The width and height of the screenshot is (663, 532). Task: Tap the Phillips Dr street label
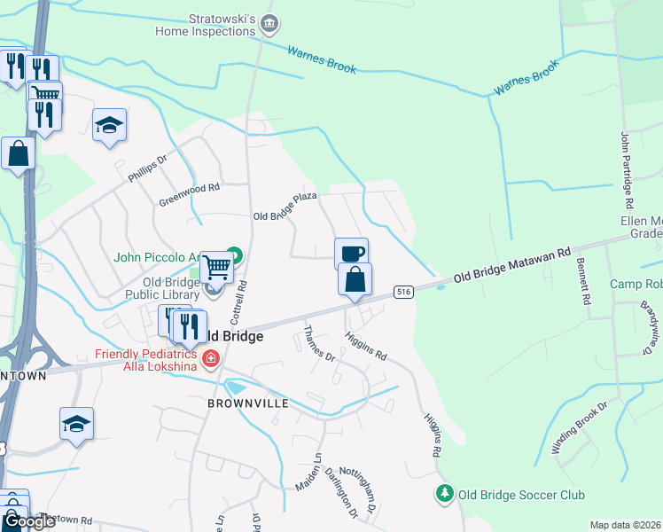pyautogui.click(x=147, y=169)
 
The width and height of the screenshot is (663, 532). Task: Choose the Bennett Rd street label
pyautogui.click(x=583, y=281)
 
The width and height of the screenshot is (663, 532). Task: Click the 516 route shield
pyautogui.click(x=403, y=292)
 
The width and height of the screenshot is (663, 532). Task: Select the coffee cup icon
pyautogui.click(x=351, y=253)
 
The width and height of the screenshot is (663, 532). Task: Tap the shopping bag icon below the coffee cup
pyautogui.click(x=355, y=279)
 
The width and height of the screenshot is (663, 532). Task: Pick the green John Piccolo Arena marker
pyautogui.click(x=233, y=254)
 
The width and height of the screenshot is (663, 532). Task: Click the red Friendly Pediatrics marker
pyautogui.click(x=211, y=359)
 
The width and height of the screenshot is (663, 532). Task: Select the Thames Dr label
pyautogui.click(x=319, y=344)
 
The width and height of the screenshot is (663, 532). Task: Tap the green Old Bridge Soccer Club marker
pyautogui.click(x=444, y=492)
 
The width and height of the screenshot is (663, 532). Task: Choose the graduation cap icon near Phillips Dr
pyautogui.click(x=109, y=125)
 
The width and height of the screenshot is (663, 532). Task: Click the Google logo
pyautogui.click(x=29, y=522)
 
